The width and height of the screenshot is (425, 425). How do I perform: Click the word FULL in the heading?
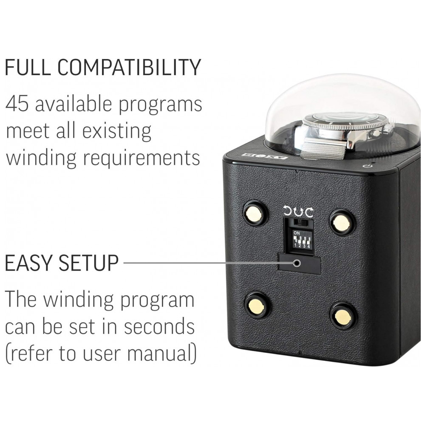(27, 67)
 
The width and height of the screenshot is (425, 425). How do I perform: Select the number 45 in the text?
(17, 104)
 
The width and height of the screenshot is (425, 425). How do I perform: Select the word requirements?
(141, 158)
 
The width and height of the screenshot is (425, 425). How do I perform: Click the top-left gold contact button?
(255, 213)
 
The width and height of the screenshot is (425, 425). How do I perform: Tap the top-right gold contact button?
(342, 222)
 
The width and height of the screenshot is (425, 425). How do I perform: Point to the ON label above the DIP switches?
(297, 233)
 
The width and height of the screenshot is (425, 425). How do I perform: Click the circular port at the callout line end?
(297, 263)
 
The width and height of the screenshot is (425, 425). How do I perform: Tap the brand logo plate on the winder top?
(265, 156)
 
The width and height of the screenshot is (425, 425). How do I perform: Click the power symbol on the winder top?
(368, 166)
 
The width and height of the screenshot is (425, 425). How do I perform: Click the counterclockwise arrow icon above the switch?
(288, 212)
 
